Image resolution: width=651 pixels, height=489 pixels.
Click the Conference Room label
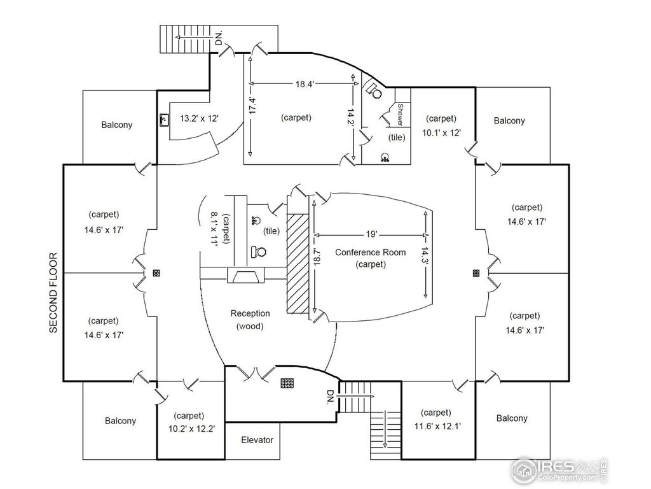click(370, 252)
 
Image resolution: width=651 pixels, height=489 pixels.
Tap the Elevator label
click(257, 440)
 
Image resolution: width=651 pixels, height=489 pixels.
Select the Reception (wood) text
click(250, 320)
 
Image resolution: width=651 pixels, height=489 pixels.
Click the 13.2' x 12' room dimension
click(200, 118)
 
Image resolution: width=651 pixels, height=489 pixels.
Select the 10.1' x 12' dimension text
click(441, 132)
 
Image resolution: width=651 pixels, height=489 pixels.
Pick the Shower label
click(401, 116)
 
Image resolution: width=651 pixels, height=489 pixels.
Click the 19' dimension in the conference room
click(371, 233)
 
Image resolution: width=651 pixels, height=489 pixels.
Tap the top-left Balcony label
click(117, 125)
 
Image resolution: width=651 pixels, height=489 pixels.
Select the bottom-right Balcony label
click(511, 418)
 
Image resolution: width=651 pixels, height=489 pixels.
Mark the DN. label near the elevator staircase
click(331, 399)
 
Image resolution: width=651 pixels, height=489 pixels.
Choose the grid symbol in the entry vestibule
click(287, 383)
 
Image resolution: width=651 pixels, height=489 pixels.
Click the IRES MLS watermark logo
click(559, 470)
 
